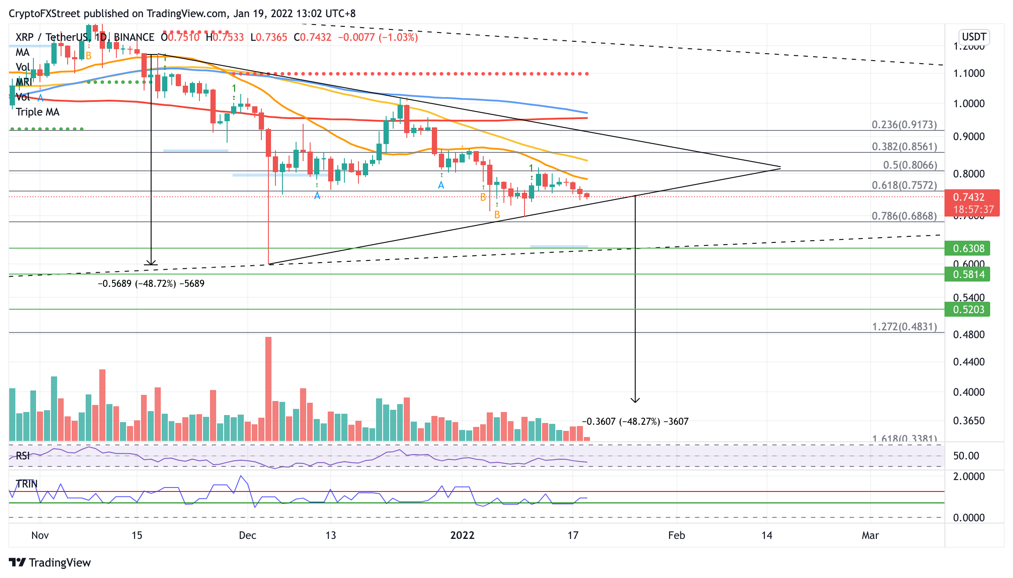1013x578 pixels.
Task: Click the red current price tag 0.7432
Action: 971,198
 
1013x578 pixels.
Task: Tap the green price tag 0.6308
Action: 967,249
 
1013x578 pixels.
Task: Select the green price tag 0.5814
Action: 967,275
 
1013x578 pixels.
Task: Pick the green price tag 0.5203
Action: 967,310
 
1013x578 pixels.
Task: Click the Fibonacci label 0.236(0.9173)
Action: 904,125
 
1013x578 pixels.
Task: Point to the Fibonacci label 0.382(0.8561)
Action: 904,147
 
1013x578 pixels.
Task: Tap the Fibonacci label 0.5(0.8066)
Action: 910,165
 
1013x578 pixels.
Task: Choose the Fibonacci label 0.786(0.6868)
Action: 904,216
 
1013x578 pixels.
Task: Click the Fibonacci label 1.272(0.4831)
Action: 904,327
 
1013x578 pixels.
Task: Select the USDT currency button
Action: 973,37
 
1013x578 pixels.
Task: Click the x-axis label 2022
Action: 462,535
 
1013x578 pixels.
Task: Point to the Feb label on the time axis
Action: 676,535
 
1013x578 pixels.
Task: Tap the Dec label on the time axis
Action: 247,535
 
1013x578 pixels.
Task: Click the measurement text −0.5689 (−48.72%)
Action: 151,284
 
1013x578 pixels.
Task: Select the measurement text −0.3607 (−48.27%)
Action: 635,422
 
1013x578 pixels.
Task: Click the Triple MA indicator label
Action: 37,112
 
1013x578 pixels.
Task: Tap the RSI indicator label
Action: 23,456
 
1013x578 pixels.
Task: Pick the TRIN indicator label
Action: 26,484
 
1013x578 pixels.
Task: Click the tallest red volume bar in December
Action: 268,389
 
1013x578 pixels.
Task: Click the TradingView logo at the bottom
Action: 50,563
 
